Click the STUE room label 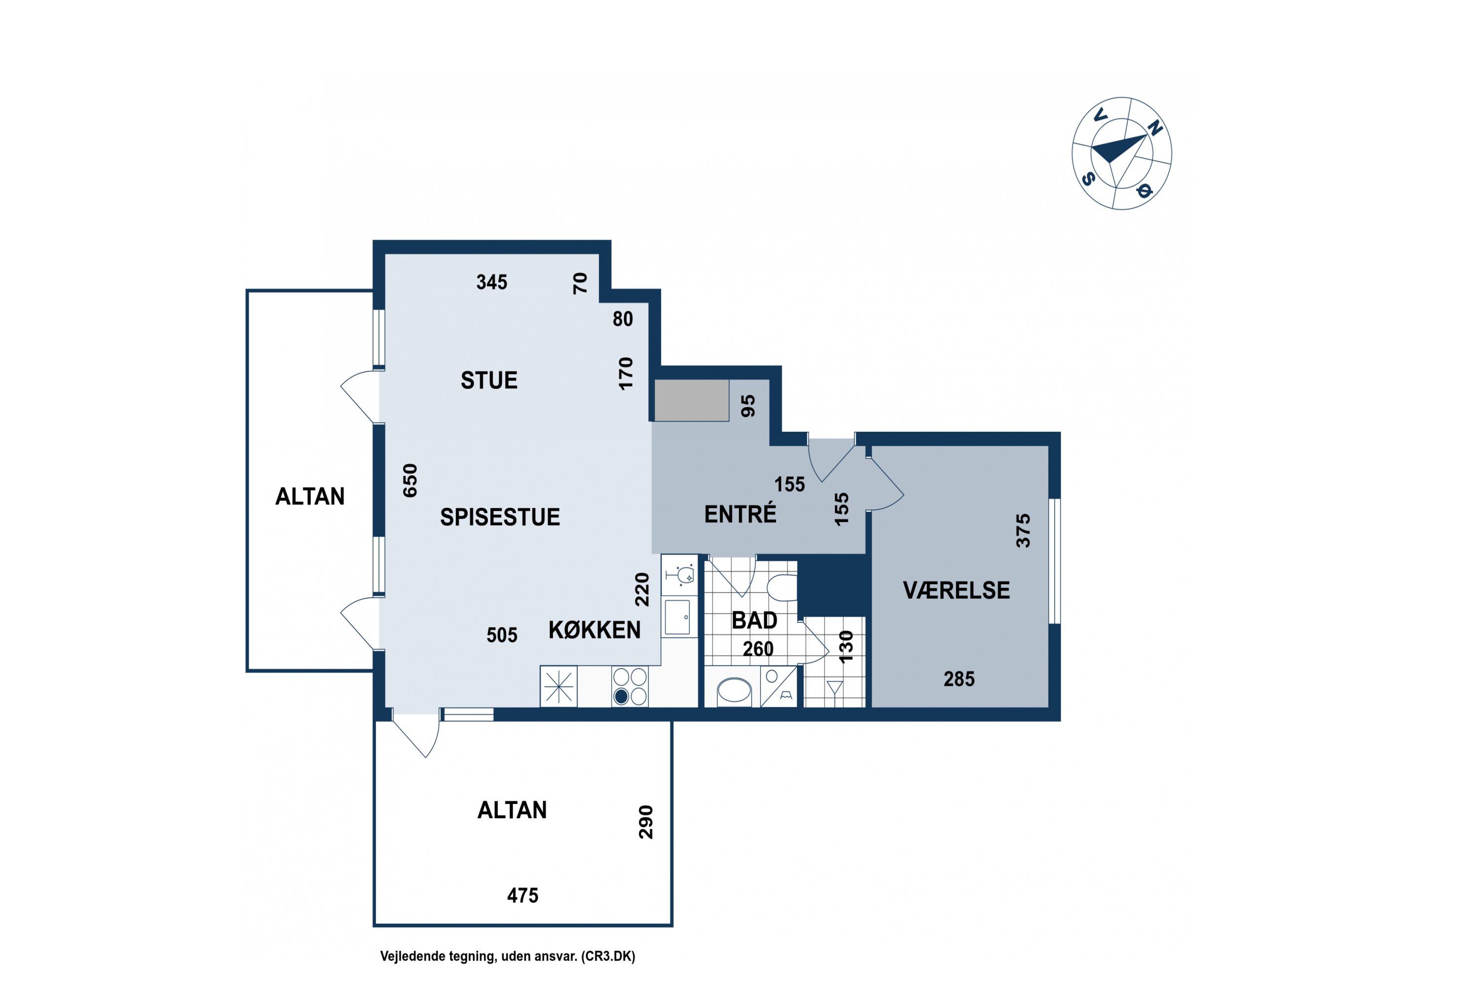coord(489,380)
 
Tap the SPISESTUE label coord(500,517)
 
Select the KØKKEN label coord(594,630)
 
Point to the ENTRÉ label coord(740,514)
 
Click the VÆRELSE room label coord(957,590)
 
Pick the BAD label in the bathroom coord(754,621)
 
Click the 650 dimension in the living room coord(409,480)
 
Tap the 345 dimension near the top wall coord(491,282)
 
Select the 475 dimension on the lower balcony coord(523,895)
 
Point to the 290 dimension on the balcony coord(646,822)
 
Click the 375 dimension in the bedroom coord(1024,531)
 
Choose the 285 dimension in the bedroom coord(959,679)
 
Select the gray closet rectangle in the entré coord(692,400)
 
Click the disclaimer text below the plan coord(508,957)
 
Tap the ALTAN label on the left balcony coord(310,496)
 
